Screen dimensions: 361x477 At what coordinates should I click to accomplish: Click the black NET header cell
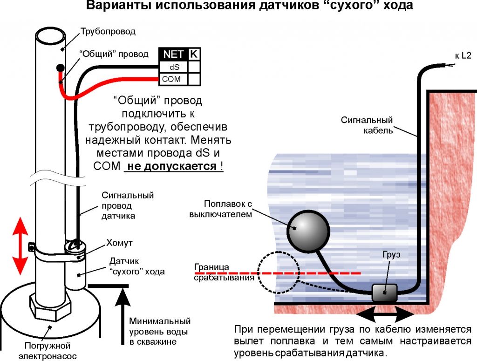click(173, 54)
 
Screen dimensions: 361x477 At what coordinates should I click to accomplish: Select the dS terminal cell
click(174, 67)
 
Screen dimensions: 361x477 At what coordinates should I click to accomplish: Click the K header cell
click(194, 54)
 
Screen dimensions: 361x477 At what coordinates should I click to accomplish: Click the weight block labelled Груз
click(384, 293)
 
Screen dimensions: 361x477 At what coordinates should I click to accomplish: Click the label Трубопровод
click(108, 32)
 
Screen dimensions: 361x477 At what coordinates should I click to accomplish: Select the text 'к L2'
click(463, 56)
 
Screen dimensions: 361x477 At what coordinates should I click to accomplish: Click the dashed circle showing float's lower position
click(279, 272)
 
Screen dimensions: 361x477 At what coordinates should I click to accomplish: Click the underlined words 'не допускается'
click(171, 166)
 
